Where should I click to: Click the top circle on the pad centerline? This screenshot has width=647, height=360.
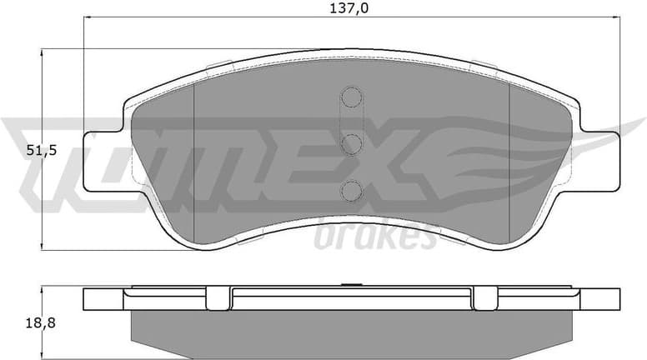(x=351, y=98)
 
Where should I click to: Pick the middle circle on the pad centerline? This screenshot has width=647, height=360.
(x=351, y=144)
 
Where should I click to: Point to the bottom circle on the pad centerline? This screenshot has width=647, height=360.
(x=351, y=191)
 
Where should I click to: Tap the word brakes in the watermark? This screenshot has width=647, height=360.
(x=375, y=237)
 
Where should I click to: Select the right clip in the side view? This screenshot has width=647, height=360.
(x=485, y=295)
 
